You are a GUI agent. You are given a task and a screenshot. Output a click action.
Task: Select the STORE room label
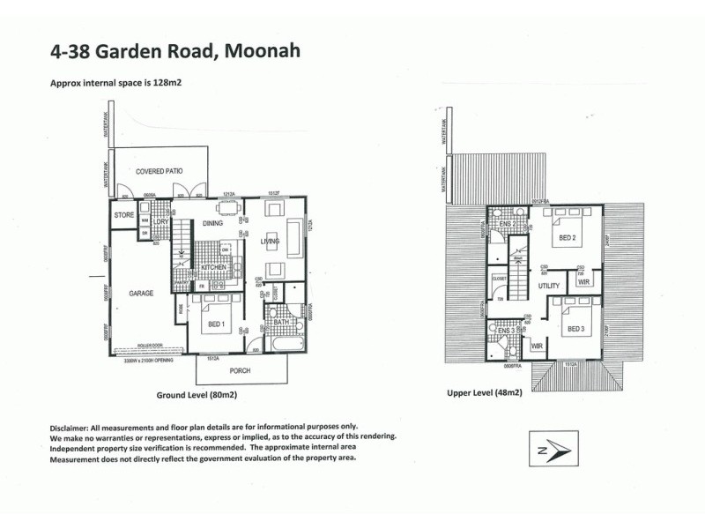coord(123,214)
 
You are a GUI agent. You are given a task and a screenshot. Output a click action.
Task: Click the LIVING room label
coord(270,241)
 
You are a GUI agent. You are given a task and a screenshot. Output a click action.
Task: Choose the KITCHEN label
coord(213,266)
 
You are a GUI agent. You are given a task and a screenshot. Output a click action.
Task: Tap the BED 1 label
coord(217,324)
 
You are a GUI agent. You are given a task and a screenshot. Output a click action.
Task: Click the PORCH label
coord(240,370)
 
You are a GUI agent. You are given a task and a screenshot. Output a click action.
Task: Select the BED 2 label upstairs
coord(566,238)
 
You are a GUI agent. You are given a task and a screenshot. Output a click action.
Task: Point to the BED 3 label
coord(575,329)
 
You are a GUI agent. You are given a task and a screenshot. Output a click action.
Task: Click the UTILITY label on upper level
coord(549,287)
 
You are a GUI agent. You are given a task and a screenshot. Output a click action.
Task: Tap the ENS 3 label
coord(505,330)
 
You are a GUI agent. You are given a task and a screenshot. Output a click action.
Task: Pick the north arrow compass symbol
coord(551,449)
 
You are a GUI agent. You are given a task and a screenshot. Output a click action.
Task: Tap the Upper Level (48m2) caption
coord(485,391)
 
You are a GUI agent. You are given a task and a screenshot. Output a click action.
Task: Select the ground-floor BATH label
coord(280,323)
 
